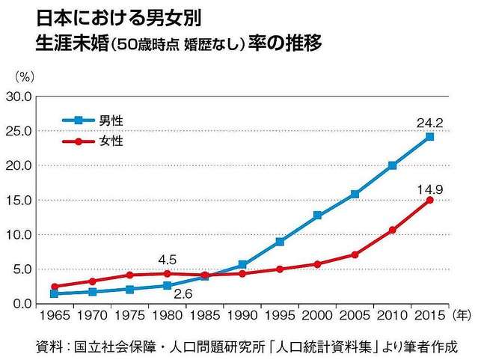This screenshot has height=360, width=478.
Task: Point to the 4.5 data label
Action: pos(167,260)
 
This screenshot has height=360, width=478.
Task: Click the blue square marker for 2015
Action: pos(430,136)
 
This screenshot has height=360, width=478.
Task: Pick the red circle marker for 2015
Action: pos(430,200)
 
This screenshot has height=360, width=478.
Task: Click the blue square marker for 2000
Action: pos(317,215)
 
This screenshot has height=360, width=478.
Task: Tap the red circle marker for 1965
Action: pos(55,286)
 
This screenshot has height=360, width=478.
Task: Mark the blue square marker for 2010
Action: pos(393,165)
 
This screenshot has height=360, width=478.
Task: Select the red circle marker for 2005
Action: pos(355,254)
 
